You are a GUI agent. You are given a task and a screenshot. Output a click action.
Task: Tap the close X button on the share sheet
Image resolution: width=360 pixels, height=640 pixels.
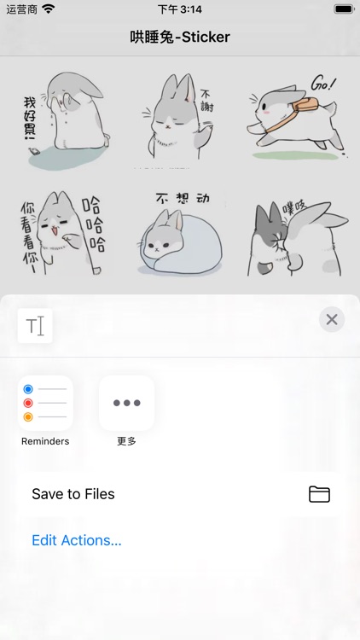click(x=332, y=320)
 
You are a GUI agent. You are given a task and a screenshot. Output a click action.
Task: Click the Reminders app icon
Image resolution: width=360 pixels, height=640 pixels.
click(x=45, y=403)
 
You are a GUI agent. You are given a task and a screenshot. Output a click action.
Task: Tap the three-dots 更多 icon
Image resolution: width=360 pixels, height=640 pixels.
click(x=126, y=403)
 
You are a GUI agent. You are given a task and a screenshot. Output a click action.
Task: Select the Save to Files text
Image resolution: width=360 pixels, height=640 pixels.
click(x=73, y=494)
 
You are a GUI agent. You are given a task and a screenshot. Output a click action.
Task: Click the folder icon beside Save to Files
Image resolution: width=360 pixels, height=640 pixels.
click(x=319, y=494)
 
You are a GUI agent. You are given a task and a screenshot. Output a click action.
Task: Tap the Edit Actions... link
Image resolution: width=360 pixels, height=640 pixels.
click(x=77, y=540)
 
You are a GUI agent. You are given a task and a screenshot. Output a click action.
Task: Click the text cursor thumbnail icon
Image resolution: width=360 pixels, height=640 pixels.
click(x=35, y=326)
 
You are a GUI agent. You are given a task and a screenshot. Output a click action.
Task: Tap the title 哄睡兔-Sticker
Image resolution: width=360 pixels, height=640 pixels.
click(x=180, y=37)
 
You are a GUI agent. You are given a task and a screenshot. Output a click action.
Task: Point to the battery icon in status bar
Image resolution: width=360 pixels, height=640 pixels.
click(x=343, y=9)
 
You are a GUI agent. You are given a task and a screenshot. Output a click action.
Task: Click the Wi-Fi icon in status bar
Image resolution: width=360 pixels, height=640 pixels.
click(x=48, y=9)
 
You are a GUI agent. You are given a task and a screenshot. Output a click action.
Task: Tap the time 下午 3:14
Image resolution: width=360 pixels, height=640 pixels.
click(x=180, y=9)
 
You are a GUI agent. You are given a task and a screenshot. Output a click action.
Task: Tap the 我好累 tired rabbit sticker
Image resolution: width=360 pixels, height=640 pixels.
click(x=60, y=118)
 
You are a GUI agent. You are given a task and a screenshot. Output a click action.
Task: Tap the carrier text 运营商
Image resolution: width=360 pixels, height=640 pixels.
click(x=19, y=9)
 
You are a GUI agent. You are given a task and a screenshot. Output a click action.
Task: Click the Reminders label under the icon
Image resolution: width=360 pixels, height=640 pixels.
click(x=45, y=441)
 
